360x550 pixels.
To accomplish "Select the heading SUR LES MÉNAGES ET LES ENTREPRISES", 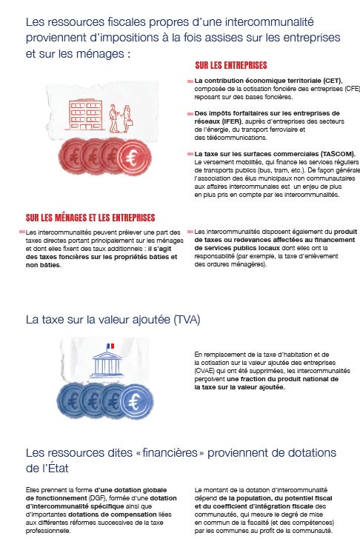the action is [x=90, y=218].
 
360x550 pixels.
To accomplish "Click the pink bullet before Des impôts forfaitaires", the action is [x=189, y=113].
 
